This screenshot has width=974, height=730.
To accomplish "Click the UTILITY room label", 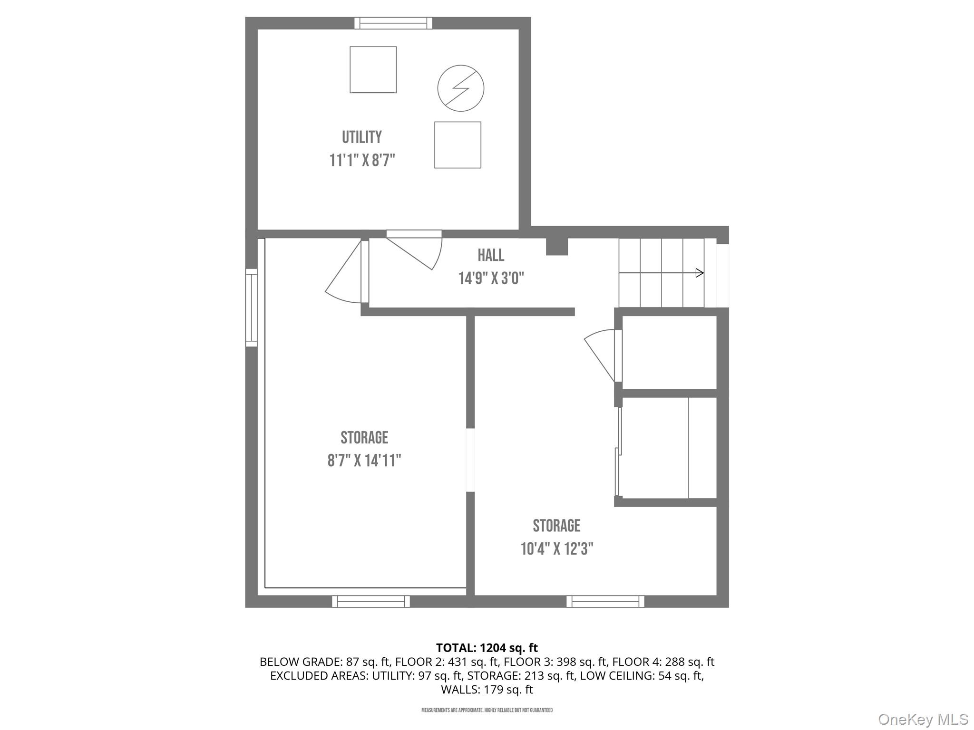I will click(x=361, y=137).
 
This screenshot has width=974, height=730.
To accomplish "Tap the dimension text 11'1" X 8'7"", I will click(x=362, y=161).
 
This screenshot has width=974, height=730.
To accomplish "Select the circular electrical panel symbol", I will click(x=460, y=88).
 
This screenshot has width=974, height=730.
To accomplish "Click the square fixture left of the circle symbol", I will click(x=373, y=70).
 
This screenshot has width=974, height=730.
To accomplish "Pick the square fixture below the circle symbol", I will click(x=457, y=145).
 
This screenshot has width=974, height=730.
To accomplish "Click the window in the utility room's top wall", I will click(x=393, y=23).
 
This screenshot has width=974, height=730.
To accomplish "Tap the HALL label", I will click(x=490, y=255).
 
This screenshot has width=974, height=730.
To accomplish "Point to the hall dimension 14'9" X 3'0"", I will click(x=491, y=278).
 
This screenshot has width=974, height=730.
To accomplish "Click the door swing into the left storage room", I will click(x=345, y=276).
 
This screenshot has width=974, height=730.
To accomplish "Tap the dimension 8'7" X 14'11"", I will click(x=364, y=461).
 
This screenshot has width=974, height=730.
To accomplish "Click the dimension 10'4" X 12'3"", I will click(x=556, y=549).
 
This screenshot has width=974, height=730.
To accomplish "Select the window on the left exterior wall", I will click(x=251, y=307).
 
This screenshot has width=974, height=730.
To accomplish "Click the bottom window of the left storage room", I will click(x=370, y=601).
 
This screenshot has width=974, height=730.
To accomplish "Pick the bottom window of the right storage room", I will click(x=605, y=601).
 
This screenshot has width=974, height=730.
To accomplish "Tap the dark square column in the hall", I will click(x=556, y=246).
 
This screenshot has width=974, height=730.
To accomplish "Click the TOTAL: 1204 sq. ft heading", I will click(x=487, y=648).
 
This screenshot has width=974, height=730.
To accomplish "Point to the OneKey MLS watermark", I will click(x=923, y=719).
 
